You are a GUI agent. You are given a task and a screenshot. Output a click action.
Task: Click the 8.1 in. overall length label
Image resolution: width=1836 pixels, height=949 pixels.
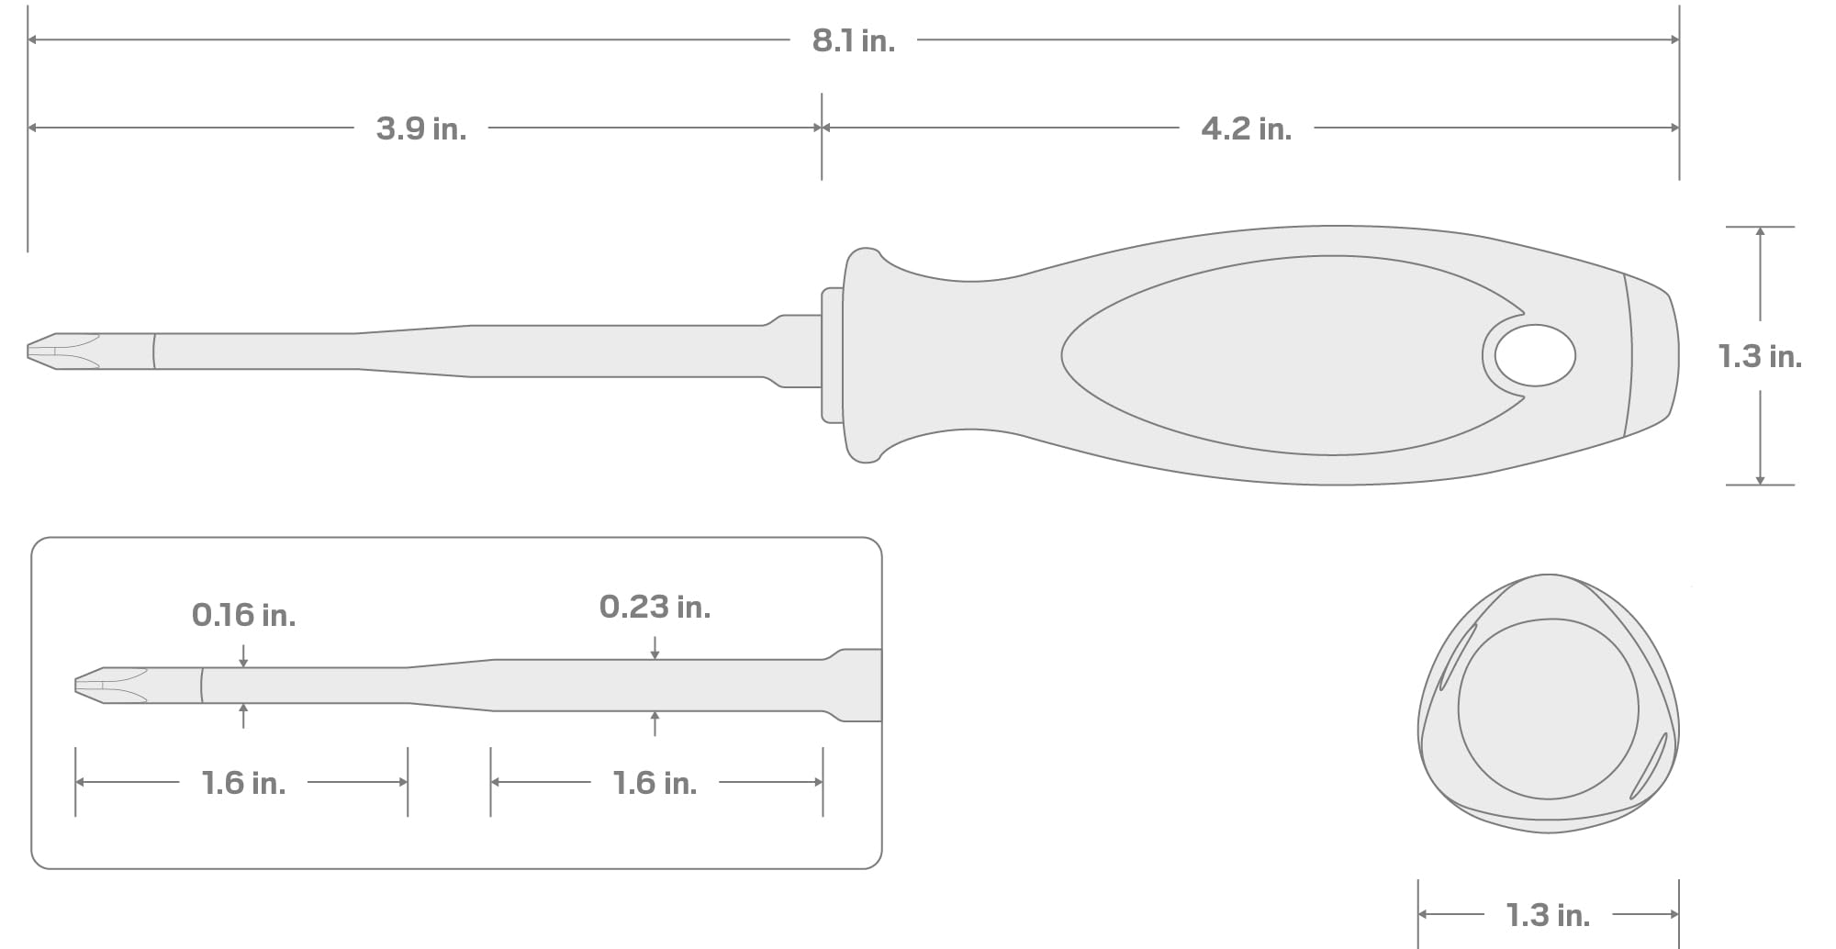[x=853, y=41]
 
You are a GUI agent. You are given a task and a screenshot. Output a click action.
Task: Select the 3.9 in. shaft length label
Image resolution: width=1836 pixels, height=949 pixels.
[x=421, y=128]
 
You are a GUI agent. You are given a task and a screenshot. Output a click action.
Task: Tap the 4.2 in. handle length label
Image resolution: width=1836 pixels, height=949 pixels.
[x=1246, y=128]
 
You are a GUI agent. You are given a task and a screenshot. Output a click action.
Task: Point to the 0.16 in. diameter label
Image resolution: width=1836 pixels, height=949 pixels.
[x=243, y=615]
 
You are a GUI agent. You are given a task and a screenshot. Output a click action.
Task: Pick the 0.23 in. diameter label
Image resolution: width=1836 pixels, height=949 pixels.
[x=655, y=607]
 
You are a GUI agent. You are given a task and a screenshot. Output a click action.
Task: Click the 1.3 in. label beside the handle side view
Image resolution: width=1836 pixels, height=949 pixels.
[x=1759, y=356]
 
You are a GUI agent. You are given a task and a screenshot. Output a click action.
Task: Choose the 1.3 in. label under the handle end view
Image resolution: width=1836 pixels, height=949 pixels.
[x=1548, y=915]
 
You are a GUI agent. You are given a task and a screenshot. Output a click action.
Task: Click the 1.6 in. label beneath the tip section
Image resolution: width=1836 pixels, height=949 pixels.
[x=243, y=783]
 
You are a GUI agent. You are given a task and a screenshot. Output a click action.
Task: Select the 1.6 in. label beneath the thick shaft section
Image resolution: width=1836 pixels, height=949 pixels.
[x=655, y=783]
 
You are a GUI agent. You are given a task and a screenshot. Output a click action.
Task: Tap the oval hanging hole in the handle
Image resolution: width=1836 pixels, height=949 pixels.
[x=1535, y=355]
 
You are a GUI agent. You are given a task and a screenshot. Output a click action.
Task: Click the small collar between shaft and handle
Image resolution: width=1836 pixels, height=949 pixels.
[x=833, y=355]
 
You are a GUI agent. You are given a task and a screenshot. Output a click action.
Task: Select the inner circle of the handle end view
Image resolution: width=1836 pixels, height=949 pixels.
[x=1548, y=709]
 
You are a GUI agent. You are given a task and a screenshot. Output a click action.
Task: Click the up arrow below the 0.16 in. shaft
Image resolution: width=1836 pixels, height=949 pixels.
[x=243, y=709]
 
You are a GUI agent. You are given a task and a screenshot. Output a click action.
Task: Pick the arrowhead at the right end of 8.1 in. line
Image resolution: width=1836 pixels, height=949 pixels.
[x=1674, y=40]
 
